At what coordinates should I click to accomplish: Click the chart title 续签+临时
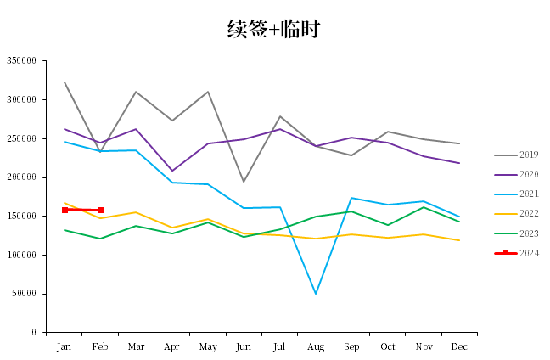[x=273, y=29]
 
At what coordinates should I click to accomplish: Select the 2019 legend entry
[x=516, y=155]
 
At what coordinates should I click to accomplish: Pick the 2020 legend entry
[x=516, y=174]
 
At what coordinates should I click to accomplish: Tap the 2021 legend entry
[x=516, y=194]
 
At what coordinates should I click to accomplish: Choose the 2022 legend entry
[x=516, y=214]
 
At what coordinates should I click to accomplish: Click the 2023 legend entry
[x=516, y=233]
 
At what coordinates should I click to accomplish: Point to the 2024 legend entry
[x=516, y=253]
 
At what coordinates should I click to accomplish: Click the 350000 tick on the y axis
[x=21, y=60]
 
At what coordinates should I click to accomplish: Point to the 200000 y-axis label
[x=21, y=177]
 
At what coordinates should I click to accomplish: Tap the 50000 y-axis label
[x=24, y=293]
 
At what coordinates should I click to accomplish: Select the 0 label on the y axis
[x=34, y=332]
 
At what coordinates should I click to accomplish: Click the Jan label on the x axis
[x=64, y=346]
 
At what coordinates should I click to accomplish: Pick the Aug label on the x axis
[x=316, y=347]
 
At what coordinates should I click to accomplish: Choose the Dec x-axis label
[x=459, y=346]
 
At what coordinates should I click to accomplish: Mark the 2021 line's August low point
[x=316, y=293]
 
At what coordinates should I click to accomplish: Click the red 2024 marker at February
[x=100, y=211]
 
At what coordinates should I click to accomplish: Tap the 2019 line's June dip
[x=244, y=182]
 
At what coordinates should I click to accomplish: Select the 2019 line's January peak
[x=65, y=82]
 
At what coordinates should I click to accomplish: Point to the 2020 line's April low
[x=172, y=171]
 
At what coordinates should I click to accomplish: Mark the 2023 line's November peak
[x=424, y=207]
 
